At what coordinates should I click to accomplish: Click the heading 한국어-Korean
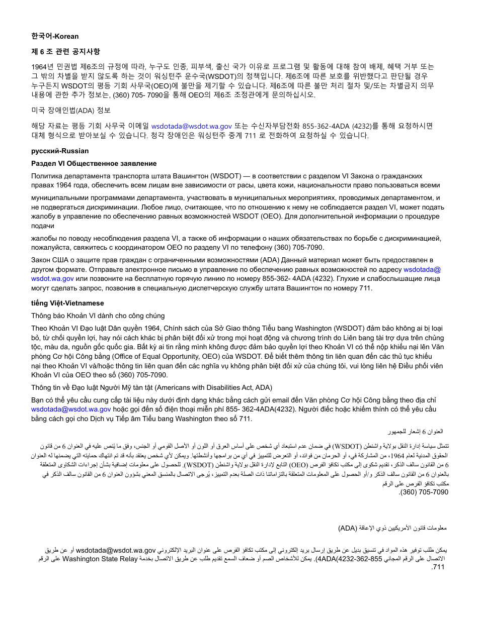tap(55, 36)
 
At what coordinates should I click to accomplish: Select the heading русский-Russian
tap(60, 151)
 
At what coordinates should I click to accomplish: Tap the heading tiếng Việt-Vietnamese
tap(67, 303)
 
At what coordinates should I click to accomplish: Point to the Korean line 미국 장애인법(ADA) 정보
tap(71, 110)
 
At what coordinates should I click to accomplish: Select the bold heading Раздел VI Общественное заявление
tap(94, 163)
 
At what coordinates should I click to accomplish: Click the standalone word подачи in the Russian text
tap(42, 226)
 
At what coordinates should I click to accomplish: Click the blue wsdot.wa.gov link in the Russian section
tap(52, 278)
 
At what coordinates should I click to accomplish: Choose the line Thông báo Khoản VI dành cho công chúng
tap(98, 316)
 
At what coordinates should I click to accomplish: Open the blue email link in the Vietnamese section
tap(71, 409)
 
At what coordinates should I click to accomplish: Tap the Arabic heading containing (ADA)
tap(392, 528)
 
